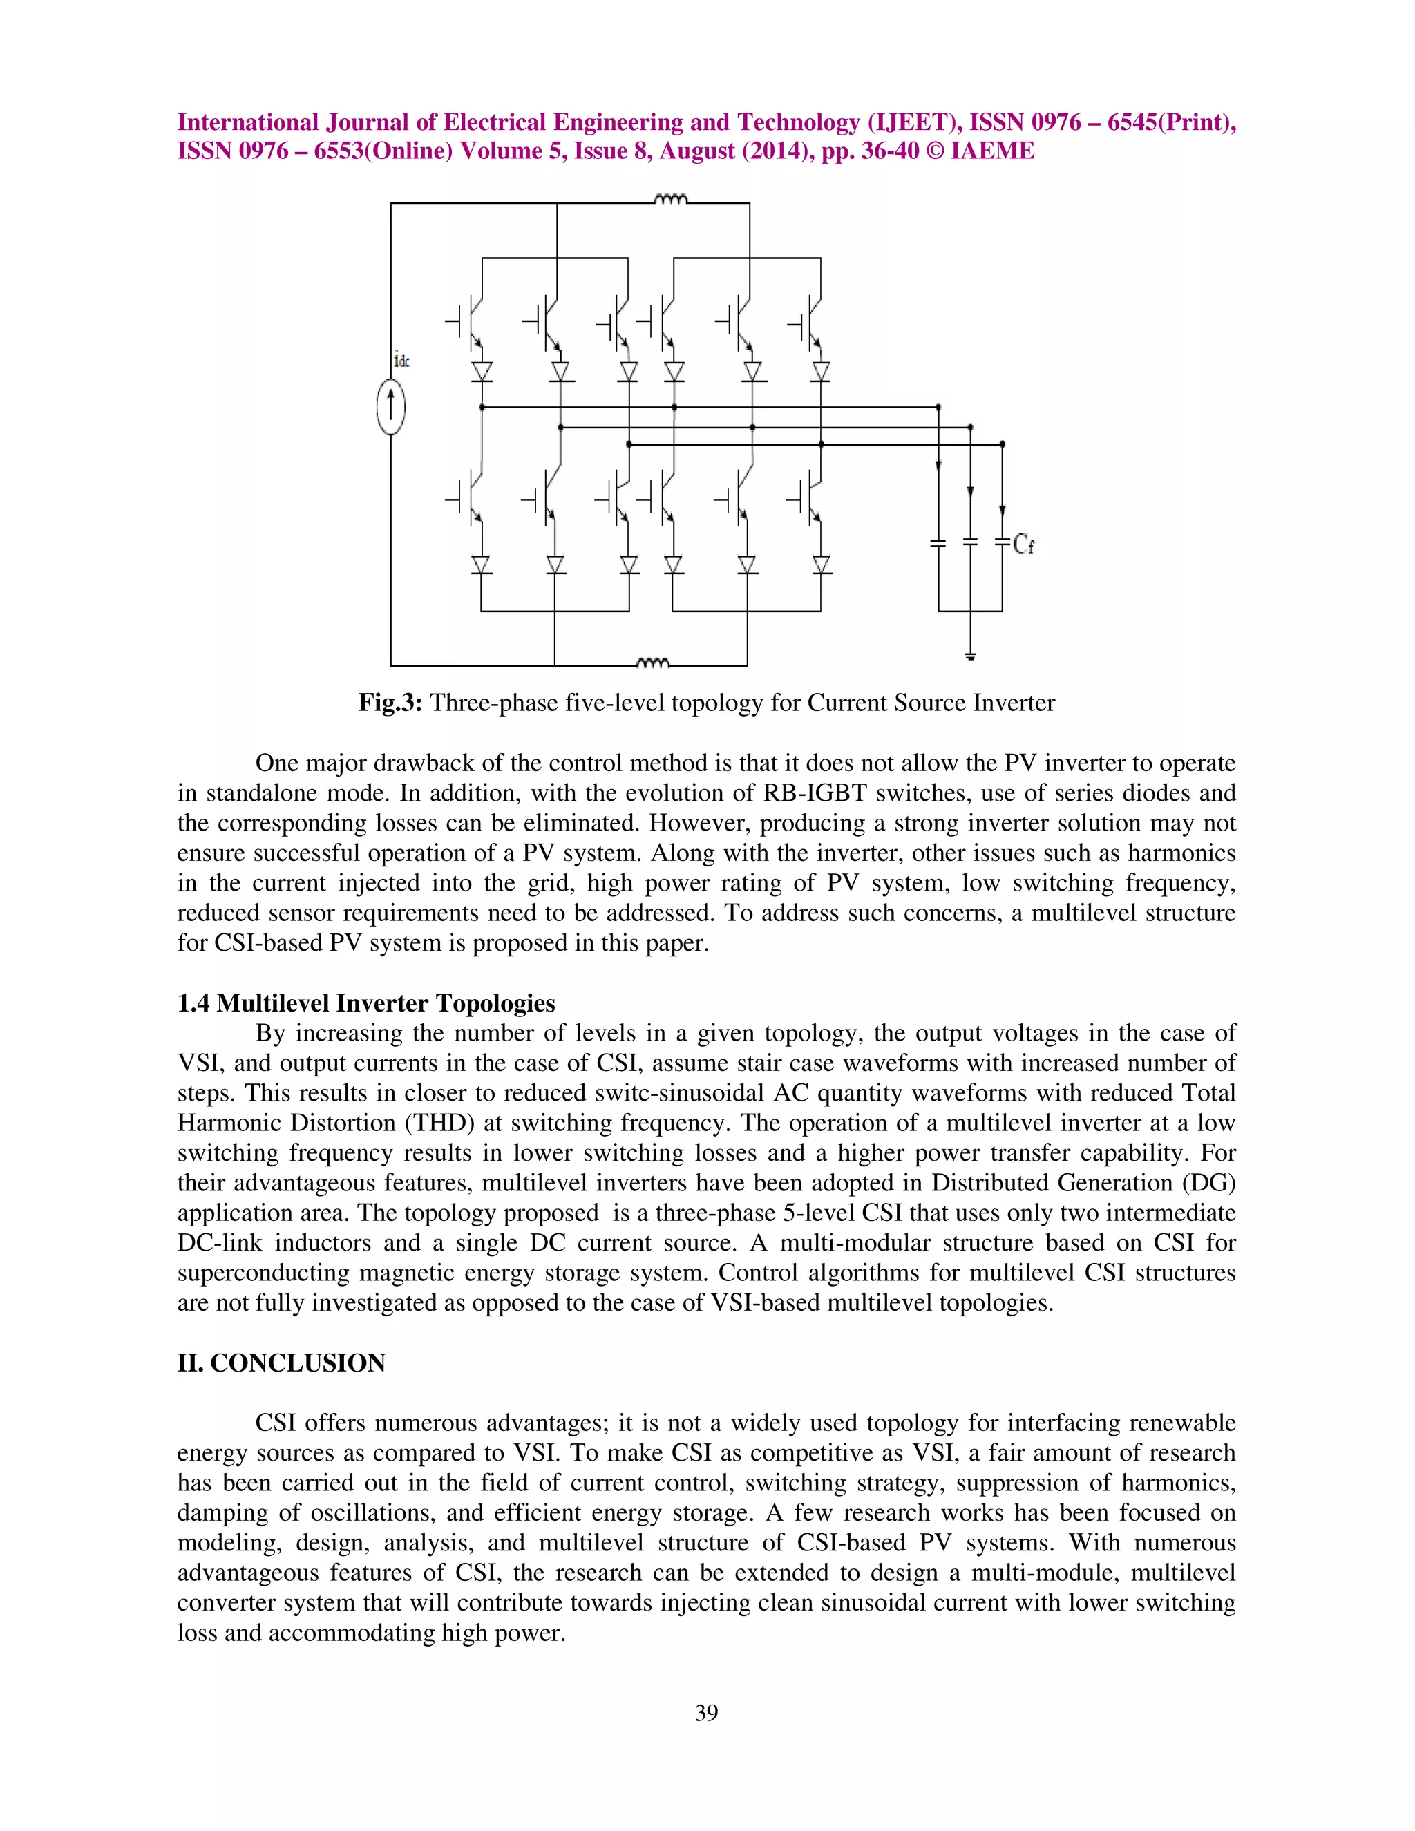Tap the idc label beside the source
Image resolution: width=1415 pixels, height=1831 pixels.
pyautogui.click(x=401, y=361)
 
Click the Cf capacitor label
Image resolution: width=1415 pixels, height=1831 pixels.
pyautogui.click(x=1023, y=545)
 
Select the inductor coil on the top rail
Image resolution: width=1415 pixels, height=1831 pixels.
pyautogui.click(x=671, y=200)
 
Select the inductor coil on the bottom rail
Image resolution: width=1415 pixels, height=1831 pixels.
pyautogui.click(x=653, y=663)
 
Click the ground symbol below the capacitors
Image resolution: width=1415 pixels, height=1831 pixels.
pyautogui.click(x=970, y=656)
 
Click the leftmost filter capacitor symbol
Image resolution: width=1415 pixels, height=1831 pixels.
pyautogui.click(x=938, y=544)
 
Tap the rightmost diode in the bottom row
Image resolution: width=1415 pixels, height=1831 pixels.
pyautogui.click(x=822, y=565)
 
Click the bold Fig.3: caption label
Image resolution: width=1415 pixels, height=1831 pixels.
pyautogui.click(x=393, y=703)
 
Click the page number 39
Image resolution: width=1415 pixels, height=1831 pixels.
pyautogui.click(x=707, y=1713)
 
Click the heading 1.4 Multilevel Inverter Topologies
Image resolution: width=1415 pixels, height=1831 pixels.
pyautogui.click(x=365, y=1003)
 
